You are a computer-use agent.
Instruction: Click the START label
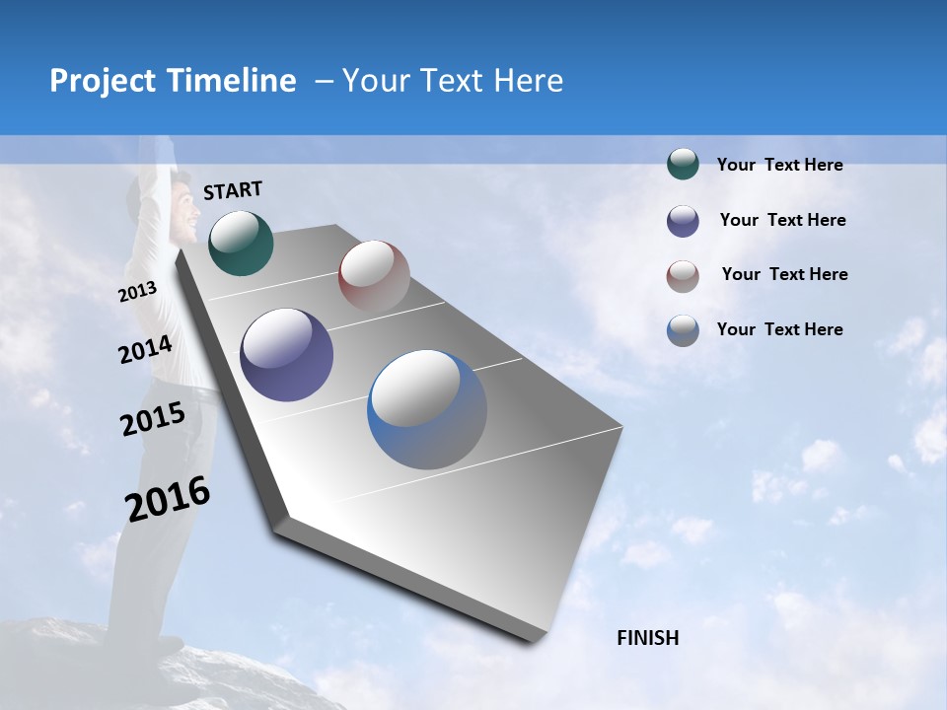click(233, 190)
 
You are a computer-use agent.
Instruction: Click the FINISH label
click(648, 638)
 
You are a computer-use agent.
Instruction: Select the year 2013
click(137, 292)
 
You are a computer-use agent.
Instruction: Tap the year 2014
click(145, 350)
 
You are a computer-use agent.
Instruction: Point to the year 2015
click(153, 419)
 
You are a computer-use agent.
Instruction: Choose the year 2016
click(169, 499)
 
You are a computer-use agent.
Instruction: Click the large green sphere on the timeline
click(241, 243)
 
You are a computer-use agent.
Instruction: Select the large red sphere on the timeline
click(374, 276)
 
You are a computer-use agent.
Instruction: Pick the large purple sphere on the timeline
click(287, 355)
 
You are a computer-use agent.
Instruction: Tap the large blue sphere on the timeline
click(427, 409)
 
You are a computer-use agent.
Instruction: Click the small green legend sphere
click(683, 164)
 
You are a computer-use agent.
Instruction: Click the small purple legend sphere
click(683, 221)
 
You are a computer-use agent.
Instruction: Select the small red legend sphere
click(683, 275)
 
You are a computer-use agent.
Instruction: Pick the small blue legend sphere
click(683, 330)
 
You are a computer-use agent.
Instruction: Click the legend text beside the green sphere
click(779, 165)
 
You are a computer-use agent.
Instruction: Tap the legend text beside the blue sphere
click(779, 329)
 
